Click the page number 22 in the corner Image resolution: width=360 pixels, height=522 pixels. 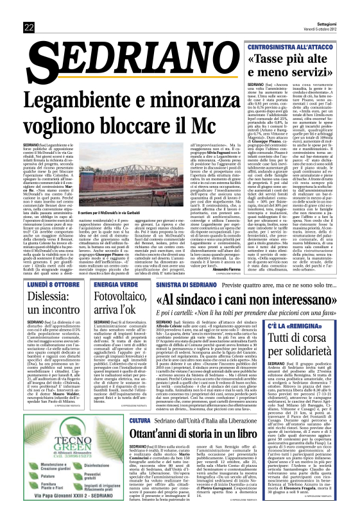pos(29,26)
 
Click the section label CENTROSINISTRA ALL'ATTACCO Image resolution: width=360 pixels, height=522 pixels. pos(298,47)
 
